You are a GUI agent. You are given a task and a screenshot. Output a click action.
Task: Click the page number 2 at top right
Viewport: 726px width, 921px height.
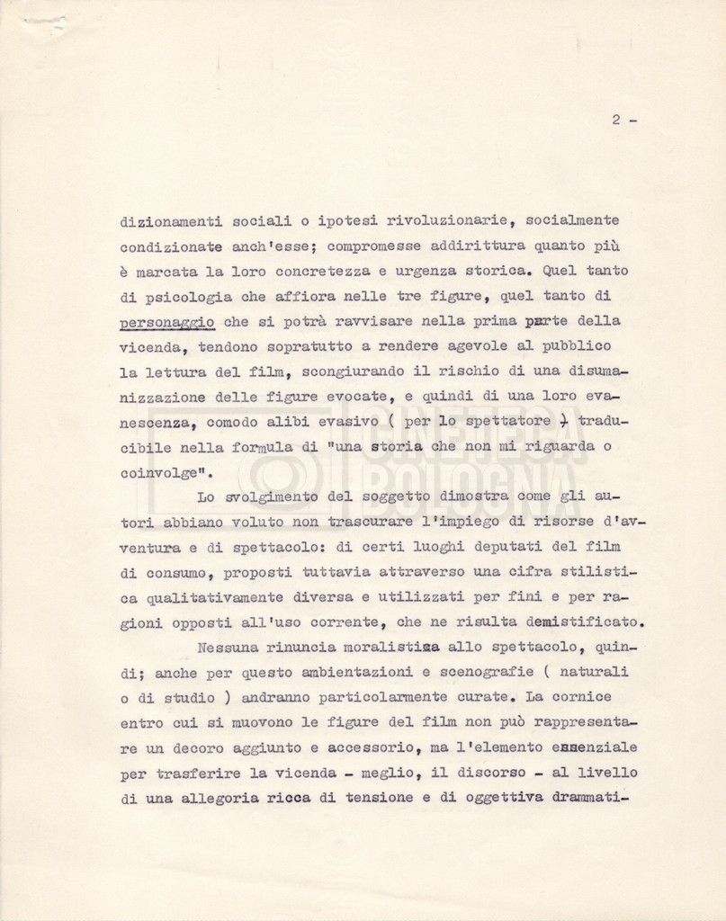pos(616,121)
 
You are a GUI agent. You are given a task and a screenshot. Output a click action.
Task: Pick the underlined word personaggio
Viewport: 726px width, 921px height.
pos(166,321)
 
